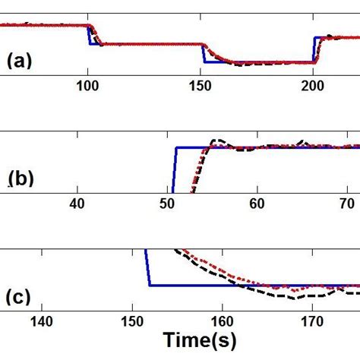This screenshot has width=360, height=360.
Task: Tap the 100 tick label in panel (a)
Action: pyautogui.click(x=88, y=87)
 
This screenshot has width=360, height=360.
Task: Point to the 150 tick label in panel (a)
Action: pyautogui.click(x=202, y=87)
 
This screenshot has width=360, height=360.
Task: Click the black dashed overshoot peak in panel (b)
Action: pyautogui.click(x=218, y=141)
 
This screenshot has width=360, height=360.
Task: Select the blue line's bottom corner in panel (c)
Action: pyautogui.click(x=150, y=286)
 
